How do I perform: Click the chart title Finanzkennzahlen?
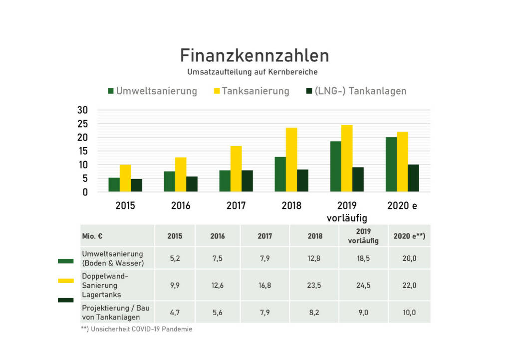click(255, 55)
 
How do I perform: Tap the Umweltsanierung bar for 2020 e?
click(391, 164)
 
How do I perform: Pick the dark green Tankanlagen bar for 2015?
click(136, 185)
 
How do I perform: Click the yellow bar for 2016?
click(181, 174)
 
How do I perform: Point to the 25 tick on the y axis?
click(82, 124)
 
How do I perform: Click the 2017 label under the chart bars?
click(236, 205)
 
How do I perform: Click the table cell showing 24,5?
click(364, 285)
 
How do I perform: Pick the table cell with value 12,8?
click(315, 258)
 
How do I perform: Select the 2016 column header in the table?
click(218, 236)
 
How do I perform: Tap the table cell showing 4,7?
click(175, 312)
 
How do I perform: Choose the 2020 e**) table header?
click(409, 236)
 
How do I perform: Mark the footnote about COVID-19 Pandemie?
click(136, 329)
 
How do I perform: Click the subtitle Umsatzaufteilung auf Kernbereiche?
click(253, 72)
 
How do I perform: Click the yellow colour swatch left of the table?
click(65, 281)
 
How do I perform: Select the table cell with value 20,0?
click(409, 258)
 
